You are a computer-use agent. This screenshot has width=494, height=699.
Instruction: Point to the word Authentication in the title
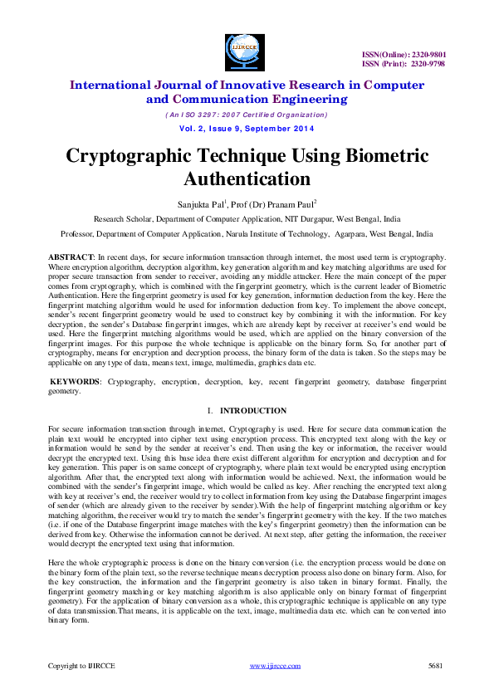[247, 178]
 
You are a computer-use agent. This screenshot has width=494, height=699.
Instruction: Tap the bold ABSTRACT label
[71, 258]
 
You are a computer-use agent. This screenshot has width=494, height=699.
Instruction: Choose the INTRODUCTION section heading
[253, 410]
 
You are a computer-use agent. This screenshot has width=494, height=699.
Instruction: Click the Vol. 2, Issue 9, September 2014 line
[247, 129]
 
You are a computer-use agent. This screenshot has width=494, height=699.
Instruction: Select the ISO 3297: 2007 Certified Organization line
[247, 115]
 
